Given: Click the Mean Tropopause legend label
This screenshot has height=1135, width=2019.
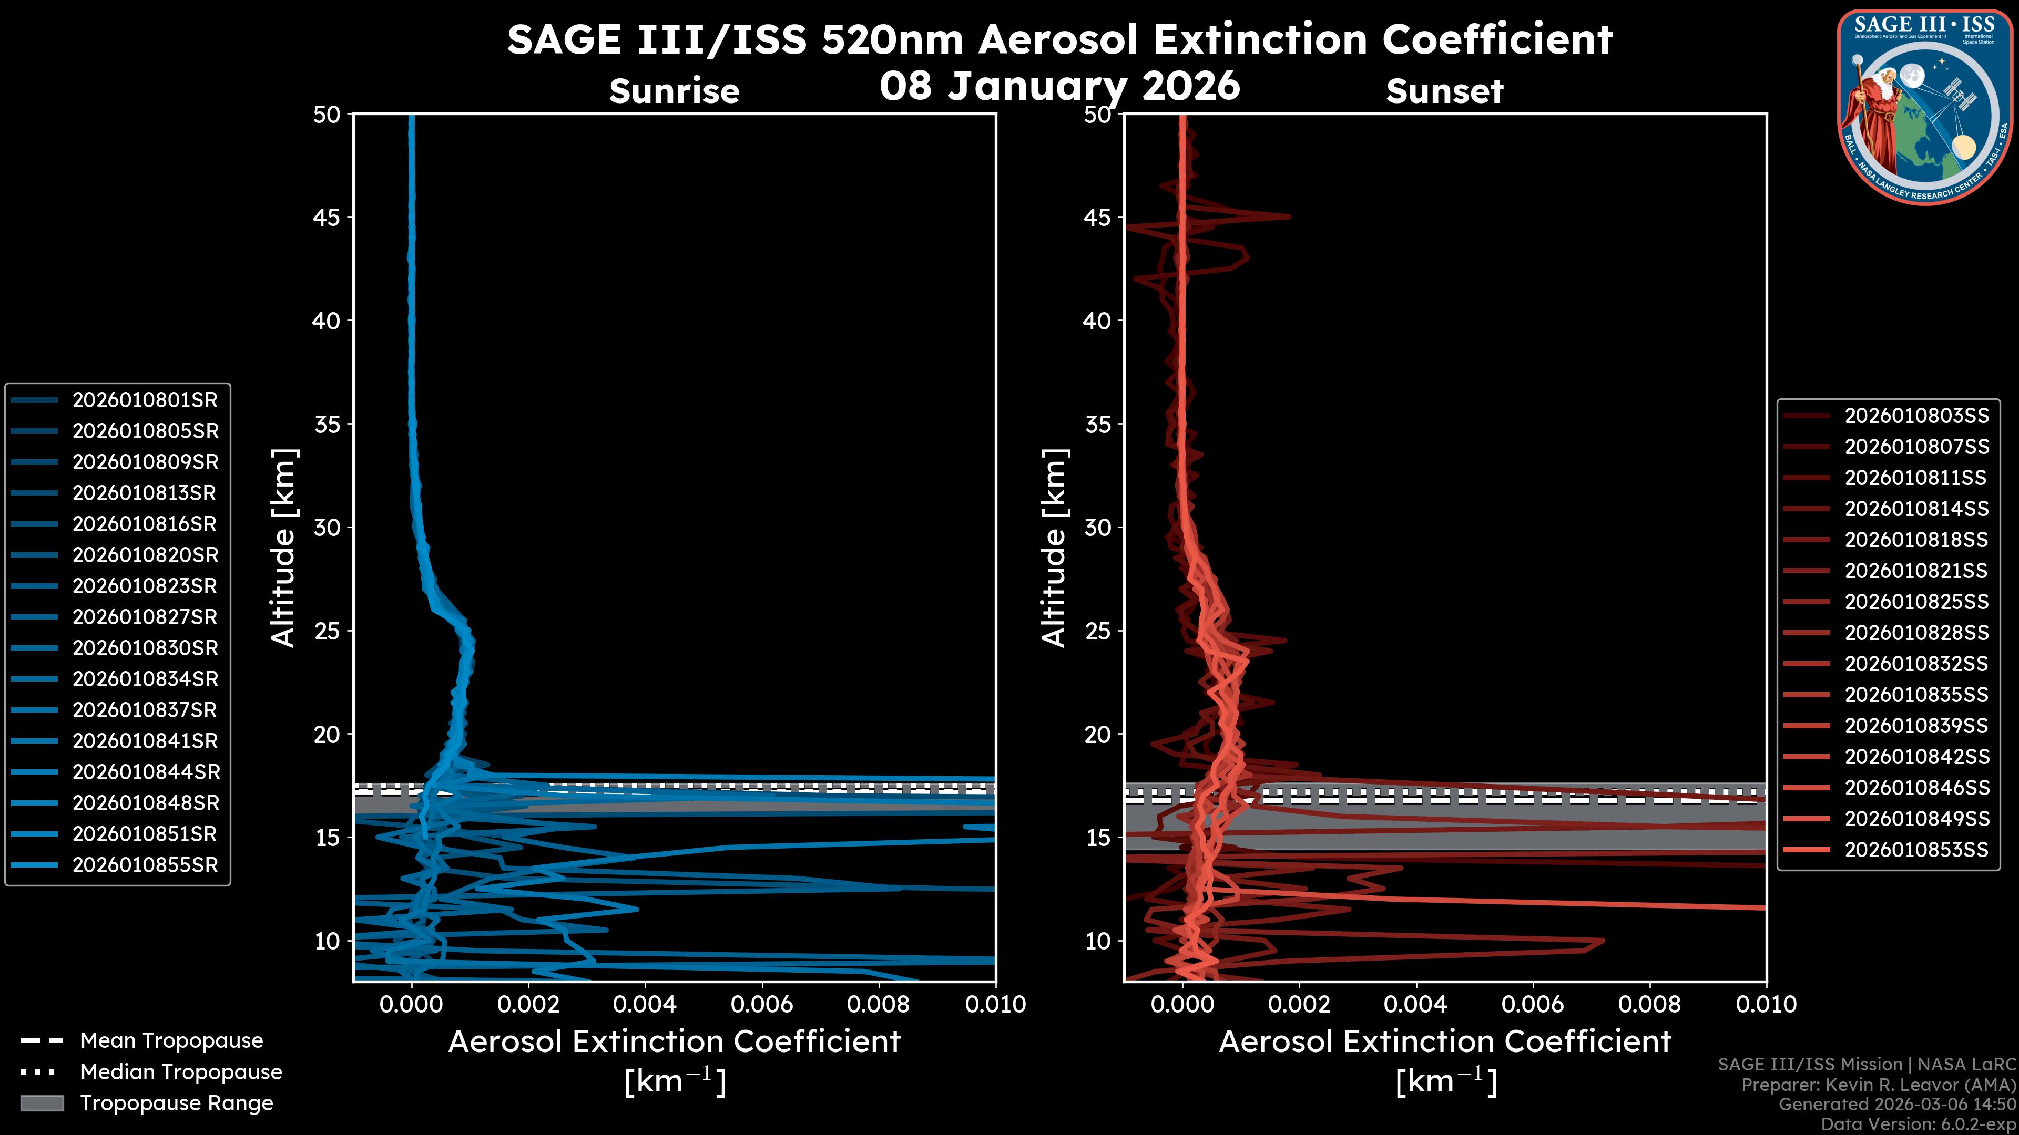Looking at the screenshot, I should pos(171,1041).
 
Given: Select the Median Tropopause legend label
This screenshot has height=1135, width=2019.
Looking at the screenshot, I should pos(180,1072).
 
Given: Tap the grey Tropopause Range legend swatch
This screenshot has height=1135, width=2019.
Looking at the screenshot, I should pos(42,1103).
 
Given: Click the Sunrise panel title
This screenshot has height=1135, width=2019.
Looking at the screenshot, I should pos(674,91).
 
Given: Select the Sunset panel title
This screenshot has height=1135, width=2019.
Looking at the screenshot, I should pos(1444,91).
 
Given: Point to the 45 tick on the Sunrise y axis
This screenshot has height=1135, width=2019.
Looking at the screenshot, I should pos(327,217).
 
